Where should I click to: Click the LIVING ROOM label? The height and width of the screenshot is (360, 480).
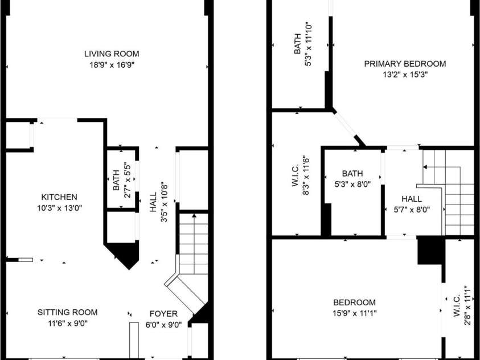click(x=112, y=54)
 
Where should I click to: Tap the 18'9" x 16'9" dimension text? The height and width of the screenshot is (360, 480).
click(x=112, y=64)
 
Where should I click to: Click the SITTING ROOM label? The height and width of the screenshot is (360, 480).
click(x=67, y=312)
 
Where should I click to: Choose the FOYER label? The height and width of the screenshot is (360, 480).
click(x=163, y=313)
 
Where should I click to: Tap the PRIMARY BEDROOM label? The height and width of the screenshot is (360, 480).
click(x=405, y=64)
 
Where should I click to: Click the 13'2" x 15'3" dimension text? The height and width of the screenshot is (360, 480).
click(x=405, y=74)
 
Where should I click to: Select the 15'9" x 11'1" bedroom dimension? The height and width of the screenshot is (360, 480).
click(x=354, y=313)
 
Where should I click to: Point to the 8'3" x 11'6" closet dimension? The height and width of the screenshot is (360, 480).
click(x=305, y=177)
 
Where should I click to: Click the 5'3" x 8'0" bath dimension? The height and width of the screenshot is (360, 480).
click(x=352, y=183)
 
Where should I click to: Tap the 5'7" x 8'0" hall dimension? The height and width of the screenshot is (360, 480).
click(x=411, y=209)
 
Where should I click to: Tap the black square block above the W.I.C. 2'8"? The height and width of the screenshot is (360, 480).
click(x=430, y=251)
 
